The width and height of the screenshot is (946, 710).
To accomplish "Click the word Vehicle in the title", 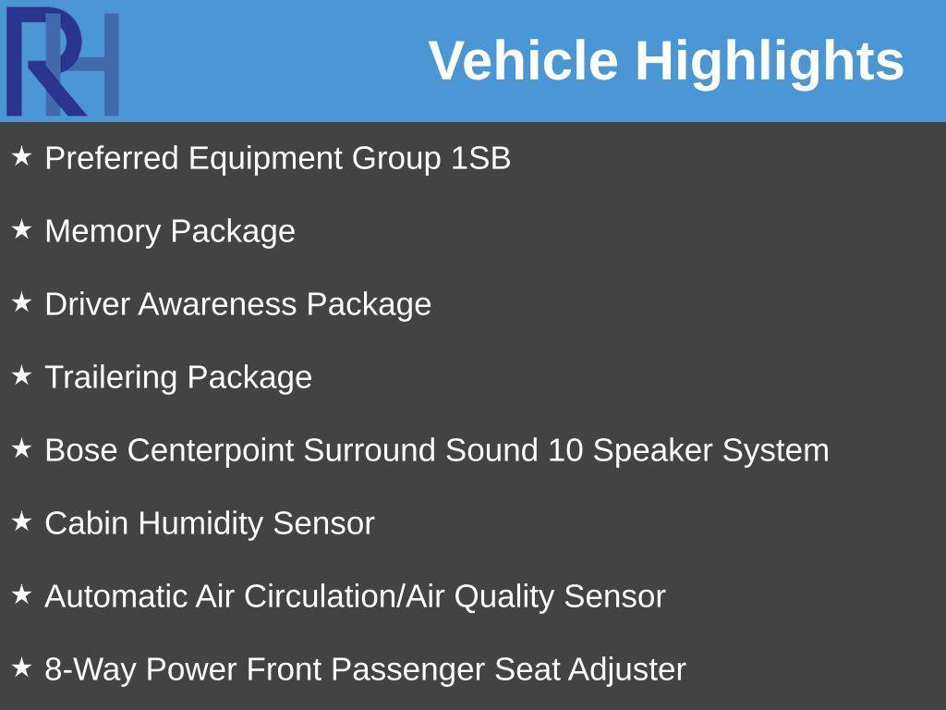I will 523,61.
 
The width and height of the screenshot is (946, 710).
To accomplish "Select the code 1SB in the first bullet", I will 480,158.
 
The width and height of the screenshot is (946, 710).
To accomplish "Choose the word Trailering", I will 112,377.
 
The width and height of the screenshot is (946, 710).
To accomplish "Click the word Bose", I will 81,450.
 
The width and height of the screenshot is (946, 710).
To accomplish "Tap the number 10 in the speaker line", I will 565,450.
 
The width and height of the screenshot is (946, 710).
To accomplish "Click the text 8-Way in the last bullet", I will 91,669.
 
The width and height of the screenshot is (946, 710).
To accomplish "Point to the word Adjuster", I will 627,669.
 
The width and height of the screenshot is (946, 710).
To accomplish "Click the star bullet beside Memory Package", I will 21,229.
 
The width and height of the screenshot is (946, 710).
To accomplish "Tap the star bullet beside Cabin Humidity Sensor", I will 21,521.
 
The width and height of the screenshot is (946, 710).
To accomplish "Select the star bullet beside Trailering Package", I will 21,375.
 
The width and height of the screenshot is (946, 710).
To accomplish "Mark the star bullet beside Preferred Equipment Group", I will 21,156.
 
